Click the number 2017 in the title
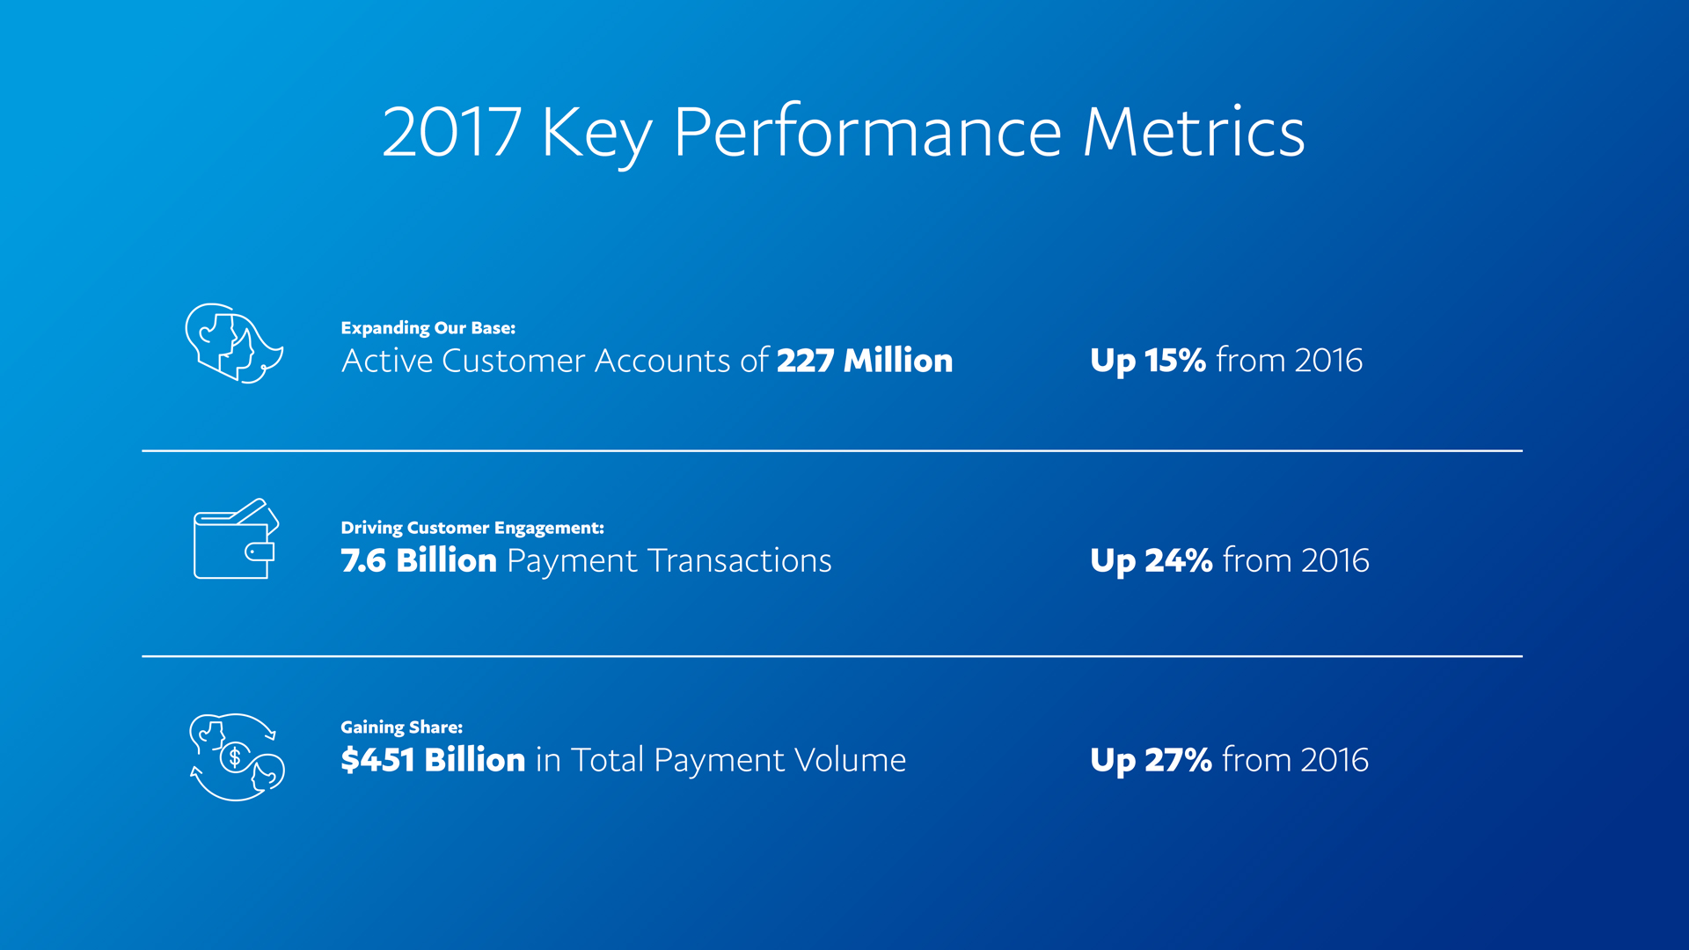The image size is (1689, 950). pos(451,132)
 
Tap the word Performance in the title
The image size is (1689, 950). pos(867,132)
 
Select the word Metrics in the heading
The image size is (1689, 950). pos(1193,132)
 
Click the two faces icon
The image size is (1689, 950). pos(233,344)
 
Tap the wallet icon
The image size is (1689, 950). pos(235,539)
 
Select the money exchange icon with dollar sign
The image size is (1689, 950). pos(237,756)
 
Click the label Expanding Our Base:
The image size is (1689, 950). pos(428,328)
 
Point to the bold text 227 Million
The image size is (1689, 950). pos(864,361)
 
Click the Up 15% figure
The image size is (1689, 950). pos(1147,361)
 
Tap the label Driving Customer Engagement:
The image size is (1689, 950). pos(472,528)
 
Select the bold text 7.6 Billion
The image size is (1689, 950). pos(419,560)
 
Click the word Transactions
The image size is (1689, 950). pos(739,560)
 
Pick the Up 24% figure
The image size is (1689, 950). pos(1151,560)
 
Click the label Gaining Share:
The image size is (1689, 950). pos(401,727)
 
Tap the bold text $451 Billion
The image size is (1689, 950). pos(433,760)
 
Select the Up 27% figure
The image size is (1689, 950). pos(1151,760)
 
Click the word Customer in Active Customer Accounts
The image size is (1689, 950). pos(513,361)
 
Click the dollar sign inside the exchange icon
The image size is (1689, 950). pos(235,756)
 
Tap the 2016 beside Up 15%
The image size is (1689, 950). pos(1327,361)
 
